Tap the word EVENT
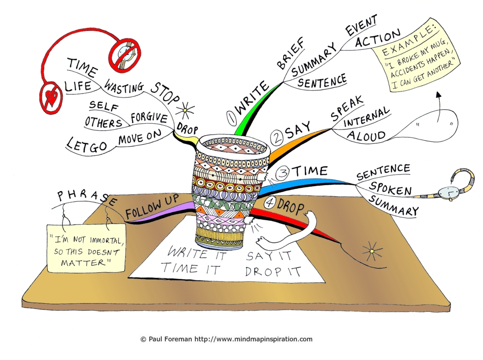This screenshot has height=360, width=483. tap(361, 25)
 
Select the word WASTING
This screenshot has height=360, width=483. tap(124, 86)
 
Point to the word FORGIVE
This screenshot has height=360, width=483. tap(149, 118)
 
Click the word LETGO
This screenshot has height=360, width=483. tap(87, 144)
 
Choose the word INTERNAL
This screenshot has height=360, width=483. tap(367, 117)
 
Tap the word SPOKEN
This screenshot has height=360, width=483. tap(390, 188)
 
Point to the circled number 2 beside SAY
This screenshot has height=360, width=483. tap(277, 138)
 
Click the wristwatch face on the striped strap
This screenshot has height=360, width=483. tap(446, 193)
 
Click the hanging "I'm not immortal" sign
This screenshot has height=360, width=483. tap(86, 248)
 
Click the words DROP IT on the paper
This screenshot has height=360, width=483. tap(273, 271)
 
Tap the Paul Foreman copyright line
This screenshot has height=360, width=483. tap(227, 339)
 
